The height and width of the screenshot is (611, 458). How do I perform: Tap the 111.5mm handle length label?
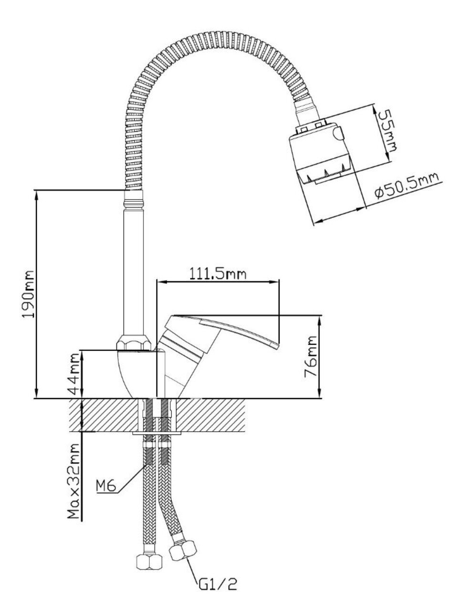[x=218, y=274]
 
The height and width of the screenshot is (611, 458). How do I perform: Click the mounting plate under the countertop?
[x=157, y=433]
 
